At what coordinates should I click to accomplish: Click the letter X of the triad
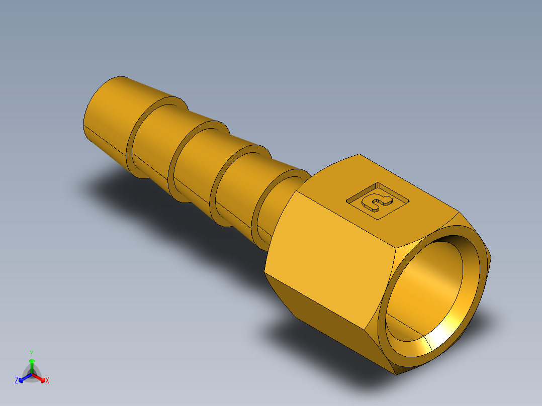tap(47, 381)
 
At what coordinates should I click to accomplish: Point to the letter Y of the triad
tap(32, 353)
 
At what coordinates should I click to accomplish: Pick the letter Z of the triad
tap(17, 381)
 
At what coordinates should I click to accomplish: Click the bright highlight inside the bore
tap(453, 327)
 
